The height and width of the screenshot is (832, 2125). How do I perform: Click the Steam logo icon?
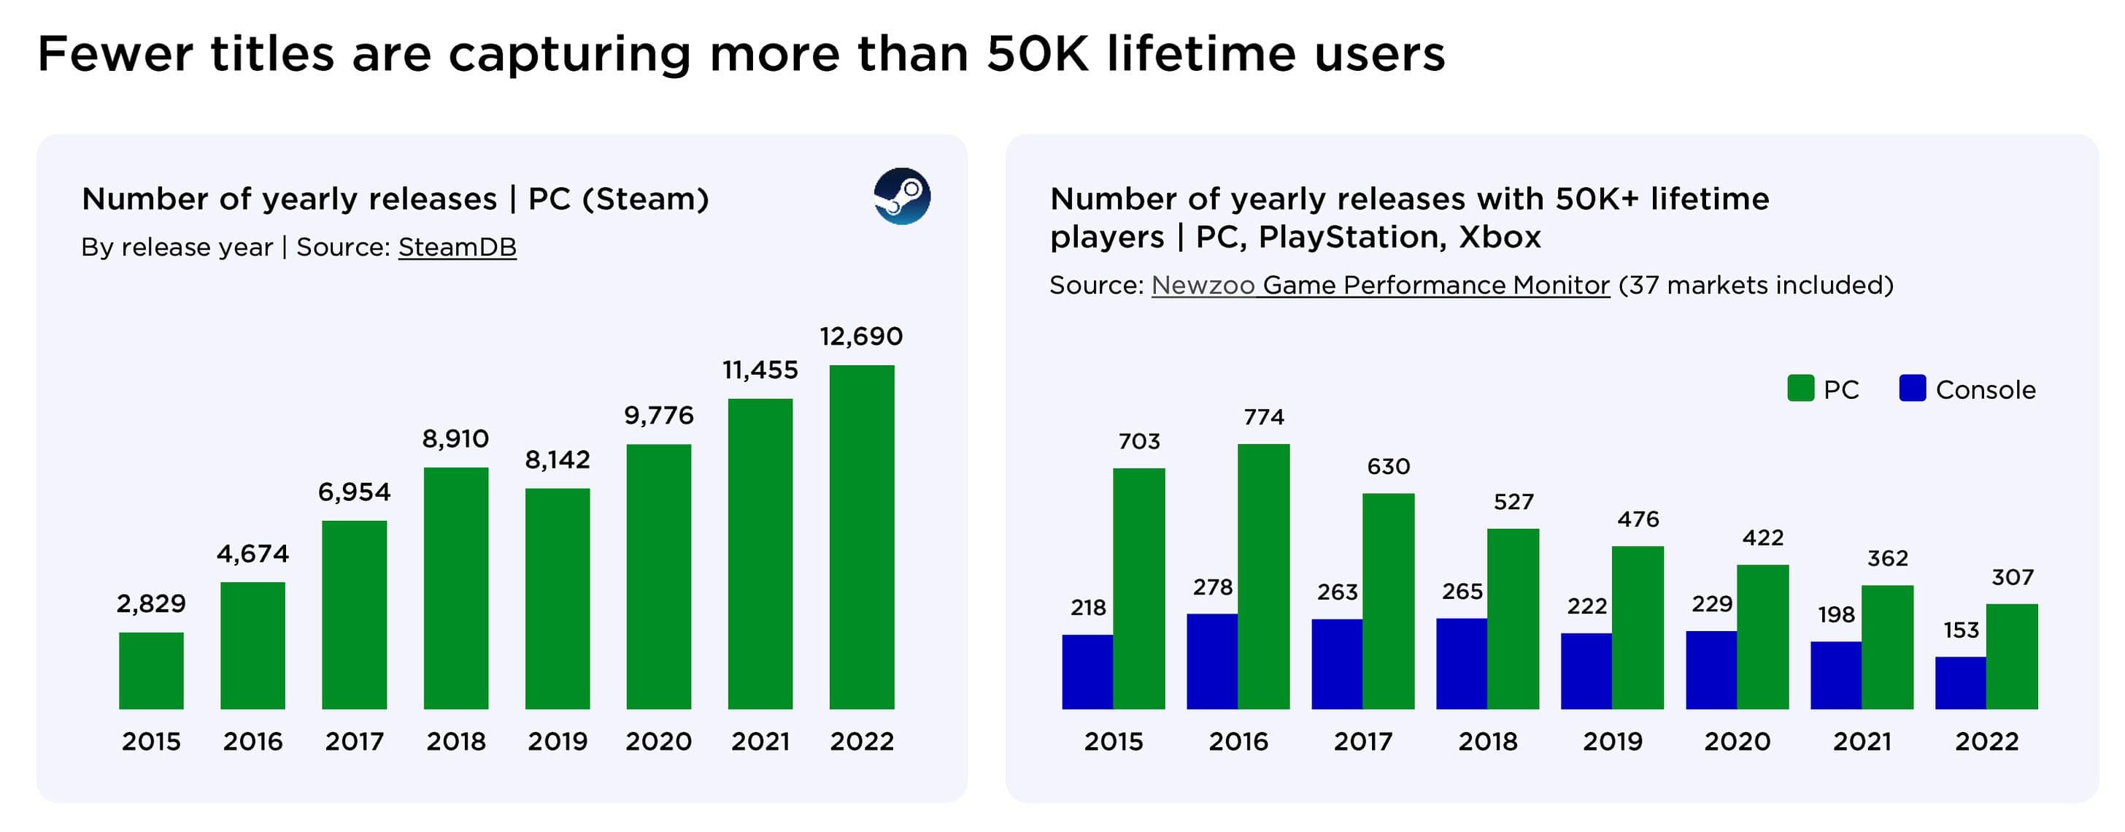click(x=902, y=196)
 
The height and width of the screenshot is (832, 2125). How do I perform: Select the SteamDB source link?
click(x=457, y=247)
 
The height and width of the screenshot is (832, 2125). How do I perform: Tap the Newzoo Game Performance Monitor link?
click(x=1380, y=285)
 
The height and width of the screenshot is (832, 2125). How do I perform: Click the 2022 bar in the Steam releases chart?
click(x=861, y=536)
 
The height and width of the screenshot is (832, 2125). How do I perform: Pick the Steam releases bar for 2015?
click(x=151, y=671)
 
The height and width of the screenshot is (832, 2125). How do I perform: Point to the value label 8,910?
click(x=455, y=438)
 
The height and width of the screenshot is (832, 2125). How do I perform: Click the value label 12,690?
click(x=861, y=336)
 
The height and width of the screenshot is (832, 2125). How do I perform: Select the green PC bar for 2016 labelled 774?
click(x=1263, y=576)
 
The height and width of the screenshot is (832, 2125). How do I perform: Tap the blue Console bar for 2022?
click(x=1960, y=682)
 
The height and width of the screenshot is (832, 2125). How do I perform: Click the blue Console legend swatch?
click(x=1912, y=388)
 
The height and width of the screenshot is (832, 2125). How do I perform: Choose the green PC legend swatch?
click(x=1800, y=388)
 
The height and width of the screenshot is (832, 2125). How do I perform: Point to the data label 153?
click(x=1961, y=630)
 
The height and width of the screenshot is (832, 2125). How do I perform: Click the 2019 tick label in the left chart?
click(x=557, y=741)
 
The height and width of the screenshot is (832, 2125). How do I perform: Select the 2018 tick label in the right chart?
click(x=1487, y=741)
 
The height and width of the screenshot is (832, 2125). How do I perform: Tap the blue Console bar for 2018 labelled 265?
click(x=1461, y=663)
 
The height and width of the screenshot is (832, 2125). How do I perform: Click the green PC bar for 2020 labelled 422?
click(x=1762, y=636)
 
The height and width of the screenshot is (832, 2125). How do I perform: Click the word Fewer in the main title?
click(x=115, y=55)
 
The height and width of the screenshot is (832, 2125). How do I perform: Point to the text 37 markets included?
click(x=1756, y=285)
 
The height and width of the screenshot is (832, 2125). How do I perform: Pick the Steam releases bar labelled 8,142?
click(x=557, y=598)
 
